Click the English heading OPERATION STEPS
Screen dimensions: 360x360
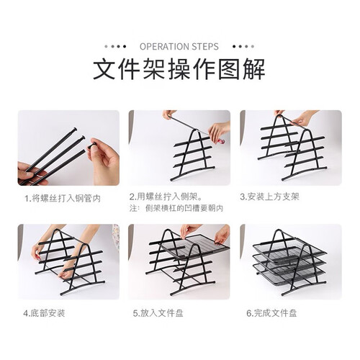(x=179, y=46)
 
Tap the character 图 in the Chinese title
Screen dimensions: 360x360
(x=230, y=69)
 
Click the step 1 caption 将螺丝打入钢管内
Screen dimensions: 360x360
(x=63, y=199)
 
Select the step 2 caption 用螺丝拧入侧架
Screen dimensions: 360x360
(x=166, y=197)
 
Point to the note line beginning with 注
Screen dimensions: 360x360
(x=176, y=208)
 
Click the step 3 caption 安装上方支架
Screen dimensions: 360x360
(x=270, y=197)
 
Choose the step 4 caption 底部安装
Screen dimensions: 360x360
(x=44, y=313)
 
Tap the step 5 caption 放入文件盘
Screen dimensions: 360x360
(x=158, y=313)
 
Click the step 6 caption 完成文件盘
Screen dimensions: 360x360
(x=271, y=313)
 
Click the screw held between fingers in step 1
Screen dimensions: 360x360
(x=92, y=145)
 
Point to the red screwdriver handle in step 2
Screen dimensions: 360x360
(x=221, y=141)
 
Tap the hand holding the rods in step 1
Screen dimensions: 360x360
(x=30, y=174)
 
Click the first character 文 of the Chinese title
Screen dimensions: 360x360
(x=104, y=69)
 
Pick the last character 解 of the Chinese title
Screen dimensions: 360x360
(x=254, y=69)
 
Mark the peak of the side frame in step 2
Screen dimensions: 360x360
(x=196, y=130)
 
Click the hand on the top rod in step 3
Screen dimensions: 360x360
(x=304, y=118)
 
